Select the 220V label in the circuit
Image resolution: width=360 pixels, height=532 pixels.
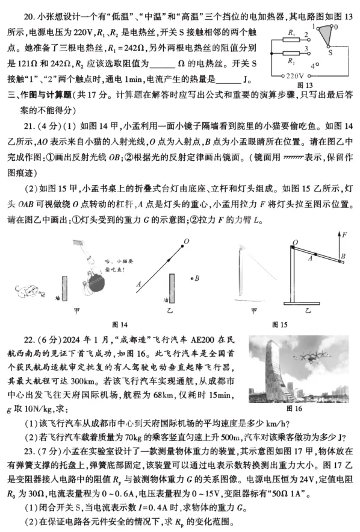296,77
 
